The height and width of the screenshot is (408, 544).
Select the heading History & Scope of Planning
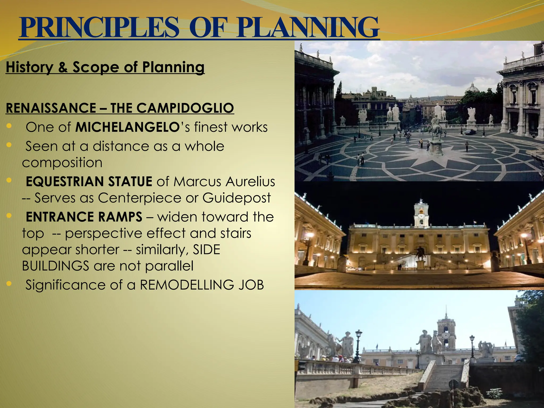point(105,67)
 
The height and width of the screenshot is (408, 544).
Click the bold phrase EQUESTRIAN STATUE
point(89,182)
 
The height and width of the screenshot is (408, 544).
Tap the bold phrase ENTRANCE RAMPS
point(84,217)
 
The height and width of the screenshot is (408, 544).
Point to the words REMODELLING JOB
point(202,285)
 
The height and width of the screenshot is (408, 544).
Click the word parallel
point(169,266)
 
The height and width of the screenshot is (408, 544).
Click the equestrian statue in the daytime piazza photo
point(436,127)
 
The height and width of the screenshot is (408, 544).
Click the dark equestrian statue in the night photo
point(420,254)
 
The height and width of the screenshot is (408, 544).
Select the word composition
point(62,163)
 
